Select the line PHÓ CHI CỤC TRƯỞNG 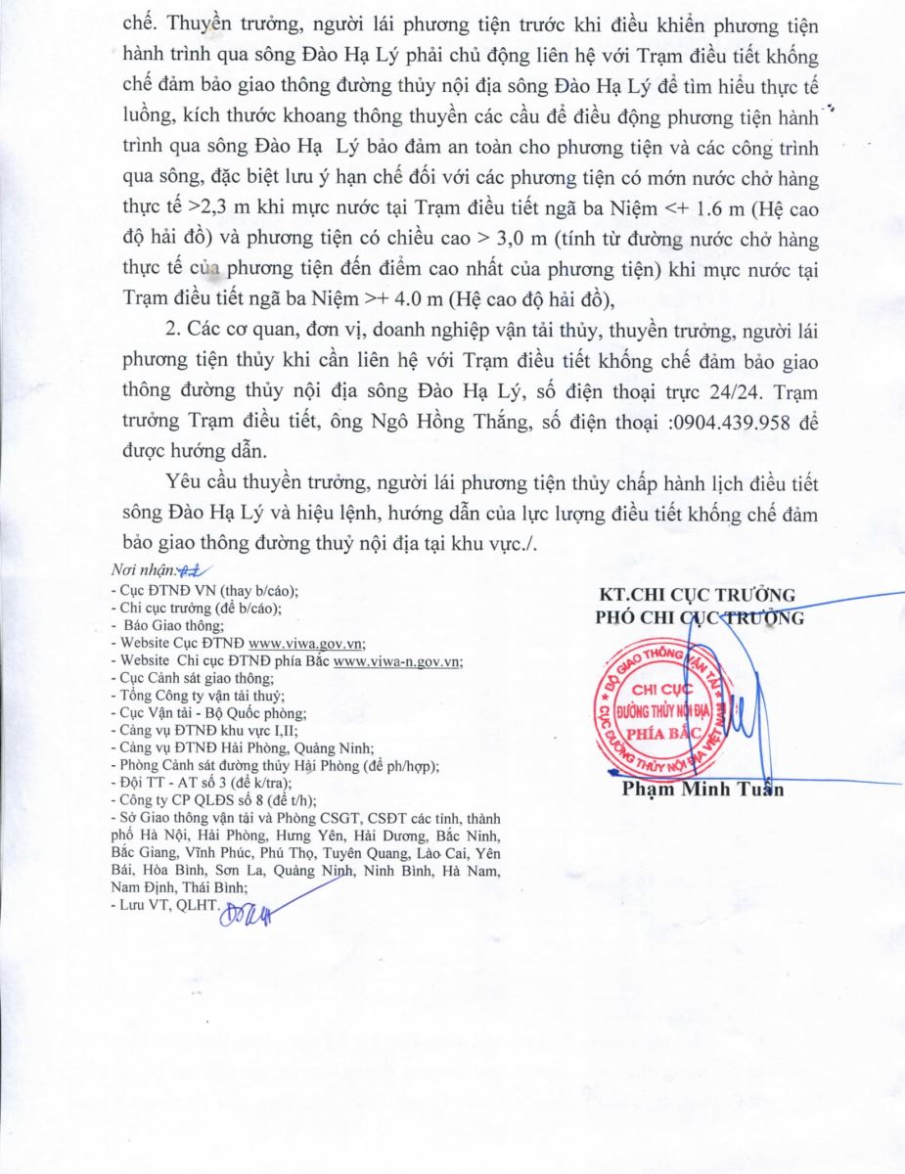(x=700, y=618)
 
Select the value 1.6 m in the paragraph (x=700, y=208)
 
